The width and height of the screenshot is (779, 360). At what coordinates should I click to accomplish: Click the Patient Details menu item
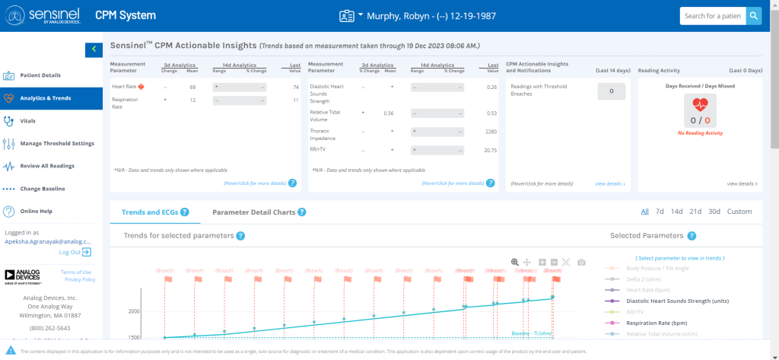41,75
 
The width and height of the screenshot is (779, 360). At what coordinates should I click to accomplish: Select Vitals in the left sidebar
27,120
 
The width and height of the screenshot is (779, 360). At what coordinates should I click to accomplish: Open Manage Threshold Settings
56,143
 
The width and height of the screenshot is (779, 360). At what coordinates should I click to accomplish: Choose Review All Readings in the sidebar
46,166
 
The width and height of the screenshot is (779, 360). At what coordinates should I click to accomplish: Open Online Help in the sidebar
36,211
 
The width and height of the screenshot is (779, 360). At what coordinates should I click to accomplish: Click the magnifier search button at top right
753,16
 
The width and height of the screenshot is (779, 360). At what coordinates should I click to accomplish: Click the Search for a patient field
711,16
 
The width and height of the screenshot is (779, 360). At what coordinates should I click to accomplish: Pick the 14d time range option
676,212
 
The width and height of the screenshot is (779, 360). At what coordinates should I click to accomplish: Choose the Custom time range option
739,212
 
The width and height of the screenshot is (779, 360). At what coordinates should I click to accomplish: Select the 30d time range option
714,212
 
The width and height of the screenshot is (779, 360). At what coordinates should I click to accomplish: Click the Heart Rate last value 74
295,88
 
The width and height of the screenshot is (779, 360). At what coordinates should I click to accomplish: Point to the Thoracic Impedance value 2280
491,132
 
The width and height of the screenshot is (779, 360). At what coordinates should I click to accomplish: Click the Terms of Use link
75,272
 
